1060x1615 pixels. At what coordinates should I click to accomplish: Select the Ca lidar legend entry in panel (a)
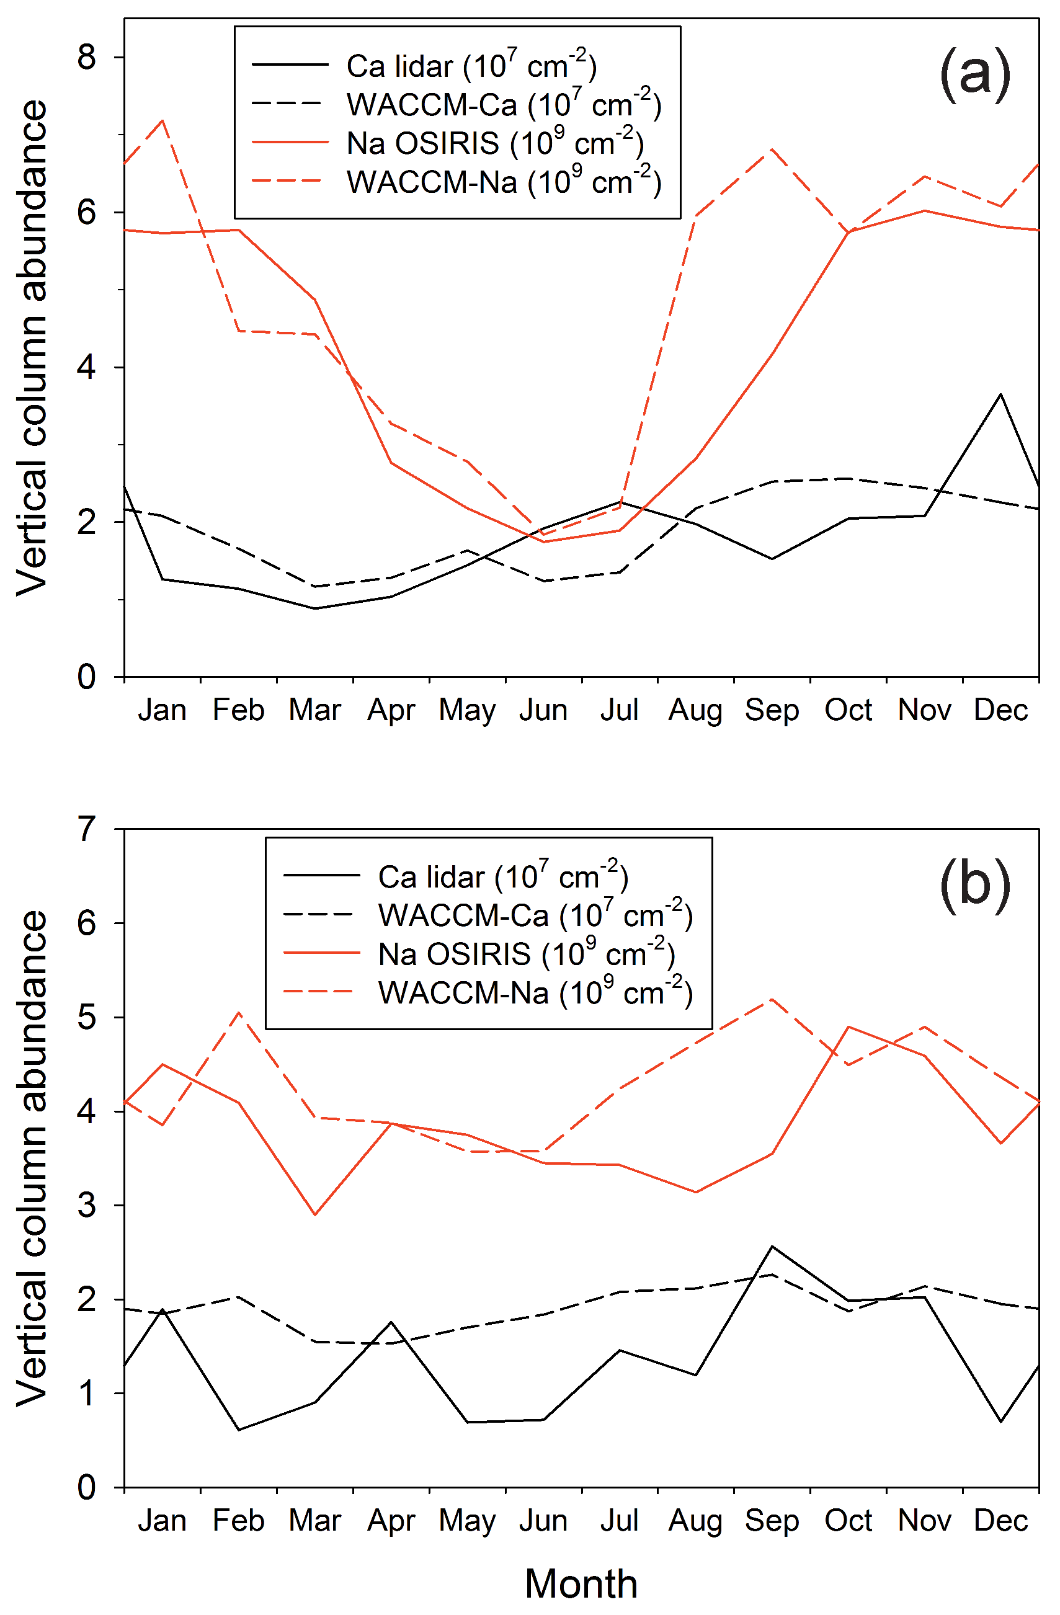471,66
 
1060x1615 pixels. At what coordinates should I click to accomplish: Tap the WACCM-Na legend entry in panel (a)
503,181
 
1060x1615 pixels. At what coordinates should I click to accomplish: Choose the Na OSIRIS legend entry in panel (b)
526,954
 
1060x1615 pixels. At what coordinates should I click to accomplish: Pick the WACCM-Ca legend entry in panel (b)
535,915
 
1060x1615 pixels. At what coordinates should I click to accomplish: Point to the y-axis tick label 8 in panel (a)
86,57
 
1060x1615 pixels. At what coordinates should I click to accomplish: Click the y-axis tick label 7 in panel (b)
86,829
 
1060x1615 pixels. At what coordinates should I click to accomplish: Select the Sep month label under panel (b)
772,1521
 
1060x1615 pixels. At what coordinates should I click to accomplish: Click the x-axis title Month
581,1584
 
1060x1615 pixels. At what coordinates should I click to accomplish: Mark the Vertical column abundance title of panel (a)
33,347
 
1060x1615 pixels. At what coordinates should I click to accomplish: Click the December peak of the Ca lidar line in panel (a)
1000,394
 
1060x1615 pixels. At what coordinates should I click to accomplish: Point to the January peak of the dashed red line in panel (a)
162,121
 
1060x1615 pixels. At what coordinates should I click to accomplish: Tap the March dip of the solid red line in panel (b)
315,1214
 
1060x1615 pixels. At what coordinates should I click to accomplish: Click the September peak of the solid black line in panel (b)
772,1247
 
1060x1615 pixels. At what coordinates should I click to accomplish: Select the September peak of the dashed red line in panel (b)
772,999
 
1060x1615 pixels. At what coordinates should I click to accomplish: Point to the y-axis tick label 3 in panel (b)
86,1206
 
